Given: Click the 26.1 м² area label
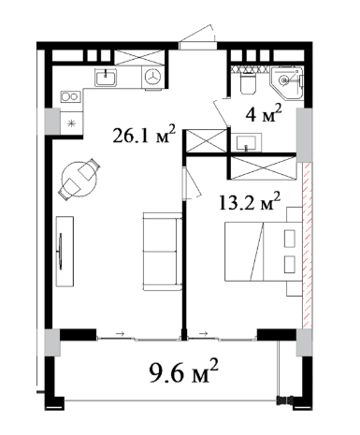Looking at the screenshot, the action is tap(144, 134).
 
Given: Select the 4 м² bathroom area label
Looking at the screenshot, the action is tap(264, 113).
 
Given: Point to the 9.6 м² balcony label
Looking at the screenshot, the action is tap(183, 371).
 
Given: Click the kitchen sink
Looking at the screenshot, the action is tap(106, 78).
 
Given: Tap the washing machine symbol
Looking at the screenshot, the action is tap(153, 78).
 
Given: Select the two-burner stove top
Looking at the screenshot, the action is tap(71, 96).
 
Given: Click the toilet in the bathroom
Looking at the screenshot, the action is tap(249, 83).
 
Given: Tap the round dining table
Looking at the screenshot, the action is tap(79, 179).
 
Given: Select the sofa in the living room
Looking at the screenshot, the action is tap(163, 252).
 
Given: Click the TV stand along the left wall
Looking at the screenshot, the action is tap(65, 252).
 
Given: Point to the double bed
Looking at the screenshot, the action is tap(264, 252).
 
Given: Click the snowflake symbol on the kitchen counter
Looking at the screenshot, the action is tap(72, 123).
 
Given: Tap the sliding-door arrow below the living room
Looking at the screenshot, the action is tap(121, 333).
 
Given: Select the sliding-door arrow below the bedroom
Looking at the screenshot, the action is tap(204, 333).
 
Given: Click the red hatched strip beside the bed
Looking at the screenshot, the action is tap(307, 245).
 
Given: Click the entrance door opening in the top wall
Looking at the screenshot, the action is tap(198, 46).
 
